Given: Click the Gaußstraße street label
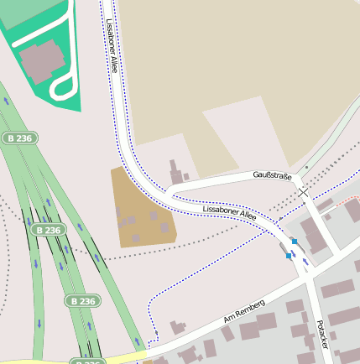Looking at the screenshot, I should [272, 176].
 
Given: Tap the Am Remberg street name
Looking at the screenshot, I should [244, 311].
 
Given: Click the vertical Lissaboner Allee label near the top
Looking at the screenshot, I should [112, 46].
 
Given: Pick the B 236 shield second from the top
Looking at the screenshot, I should [49, 229].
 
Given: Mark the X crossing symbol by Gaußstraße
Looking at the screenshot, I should [303, 192].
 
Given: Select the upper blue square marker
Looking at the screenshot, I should [294, 242].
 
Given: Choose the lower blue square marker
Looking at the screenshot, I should [289, 255].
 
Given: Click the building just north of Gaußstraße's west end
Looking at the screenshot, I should [177, 172].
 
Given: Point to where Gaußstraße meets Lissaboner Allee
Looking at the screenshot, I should [170, 192].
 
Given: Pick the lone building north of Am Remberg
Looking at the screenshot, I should [177, 327].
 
